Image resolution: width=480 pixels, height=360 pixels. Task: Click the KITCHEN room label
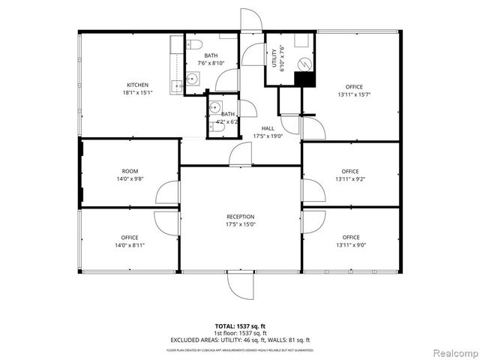tap(137, 85)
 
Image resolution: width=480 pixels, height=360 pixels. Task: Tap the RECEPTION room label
tap(240, 216)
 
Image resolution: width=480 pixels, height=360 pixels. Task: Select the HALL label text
tap(267, 128)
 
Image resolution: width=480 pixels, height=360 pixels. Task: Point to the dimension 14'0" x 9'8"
tap(130, 178)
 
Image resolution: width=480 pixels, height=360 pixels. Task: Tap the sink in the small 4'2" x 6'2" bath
tap(215, 106)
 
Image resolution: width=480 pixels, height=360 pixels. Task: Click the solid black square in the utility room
tap(304, 78)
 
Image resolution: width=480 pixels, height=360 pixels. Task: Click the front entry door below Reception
tap(241, 285)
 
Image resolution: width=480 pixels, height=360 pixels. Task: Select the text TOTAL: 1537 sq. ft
tap(239, 325)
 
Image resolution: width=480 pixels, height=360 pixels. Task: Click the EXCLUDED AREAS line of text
tap(239, 340)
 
